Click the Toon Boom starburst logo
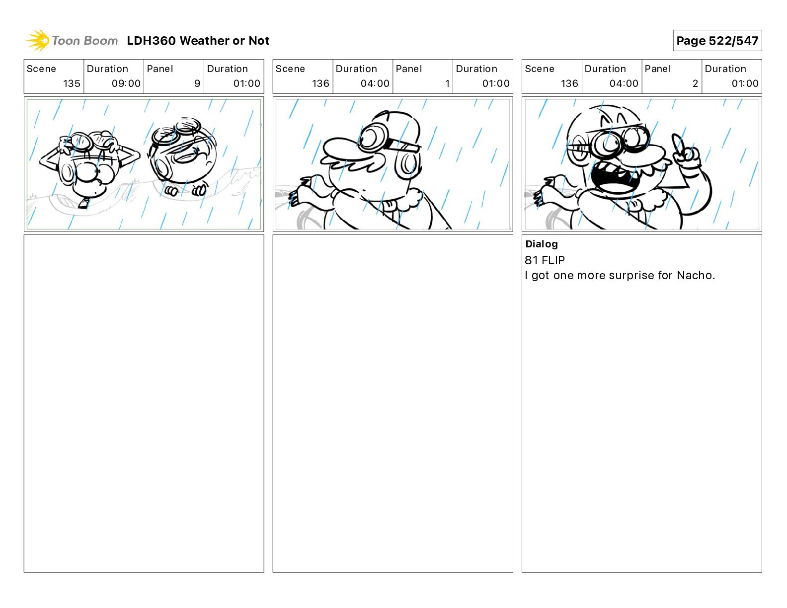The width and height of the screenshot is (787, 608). [38, 41]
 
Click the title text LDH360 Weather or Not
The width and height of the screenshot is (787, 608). [198, 41]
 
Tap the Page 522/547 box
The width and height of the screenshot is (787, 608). [717, 41]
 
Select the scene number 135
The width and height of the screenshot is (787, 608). [72, 83]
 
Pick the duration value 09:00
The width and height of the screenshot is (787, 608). [126, 83]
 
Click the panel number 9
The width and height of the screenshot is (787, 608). [197, 83]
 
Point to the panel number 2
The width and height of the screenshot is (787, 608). [695, 83]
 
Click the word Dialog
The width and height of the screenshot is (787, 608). [542, 244]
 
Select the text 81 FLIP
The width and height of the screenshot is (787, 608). [545, 260]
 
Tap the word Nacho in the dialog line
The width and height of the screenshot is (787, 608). [694, 275]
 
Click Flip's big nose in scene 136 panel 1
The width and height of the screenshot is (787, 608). [342, 149]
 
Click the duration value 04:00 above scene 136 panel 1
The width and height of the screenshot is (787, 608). [375, 83]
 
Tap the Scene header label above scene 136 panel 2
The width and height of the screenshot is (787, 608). [539, 69]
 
